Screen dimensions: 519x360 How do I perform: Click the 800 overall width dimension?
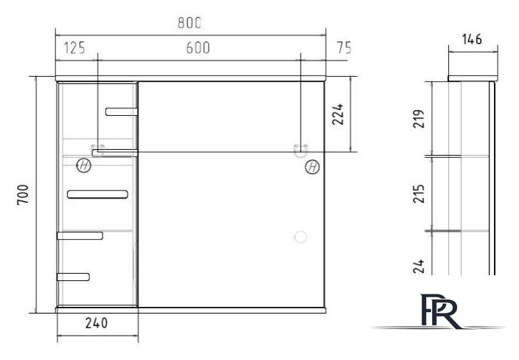click(x=189, y=23)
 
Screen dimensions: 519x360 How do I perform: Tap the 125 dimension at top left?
click(x=74, y=48)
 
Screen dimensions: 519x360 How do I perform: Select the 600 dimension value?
click(x=198, y=48)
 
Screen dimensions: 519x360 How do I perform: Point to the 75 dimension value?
click(x=344, y=48)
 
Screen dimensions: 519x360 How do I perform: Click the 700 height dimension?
click(x=23, y=195)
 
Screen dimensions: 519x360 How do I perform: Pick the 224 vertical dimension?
click(x=338, y=114)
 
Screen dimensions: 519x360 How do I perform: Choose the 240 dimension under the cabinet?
click(x=97, y=323)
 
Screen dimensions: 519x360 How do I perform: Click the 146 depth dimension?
click(x=472, y=39)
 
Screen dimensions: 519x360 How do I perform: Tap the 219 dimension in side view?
click(x=419, y=119)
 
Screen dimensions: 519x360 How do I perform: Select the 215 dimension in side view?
click(x=419, y=194)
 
